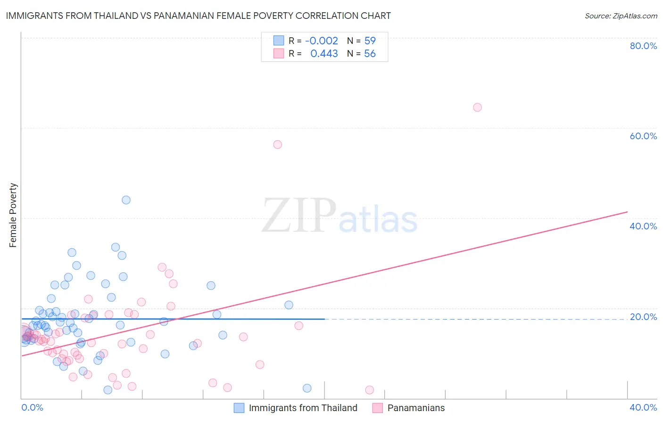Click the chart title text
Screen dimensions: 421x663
(198, 16)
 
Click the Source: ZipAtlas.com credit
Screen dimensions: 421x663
(621, 16)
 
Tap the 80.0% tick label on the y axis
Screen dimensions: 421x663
(643, 46)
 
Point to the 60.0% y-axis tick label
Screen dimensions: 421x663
(643, 136)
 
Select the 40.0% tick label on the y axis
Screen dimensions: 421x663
(643, 226)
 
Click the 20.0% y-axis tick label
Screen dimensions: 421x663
(643, 317)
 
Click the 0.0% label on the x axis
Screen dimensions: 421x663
(32, 407)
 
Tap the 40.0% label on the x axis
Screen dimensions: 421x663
(643, 407)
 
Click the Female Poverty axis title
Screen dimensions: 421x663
(13, 215)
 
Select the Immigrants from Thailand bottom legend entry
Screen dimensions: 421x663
(303, 408)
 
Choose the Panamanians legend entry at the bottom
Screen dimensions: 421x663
(416, 408)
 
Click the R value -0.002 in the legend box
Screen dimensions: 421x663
(322, 41)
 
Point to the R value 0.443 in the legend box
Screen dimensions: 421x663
(324, 54)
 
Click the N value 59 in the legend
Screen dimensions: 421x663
(370, 41)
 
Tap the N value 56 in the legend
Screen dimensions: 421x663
(370, 54)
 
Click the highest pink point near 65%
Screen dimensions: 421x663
(477, 107)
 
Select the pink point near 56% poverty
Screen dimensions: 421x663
(277, 144)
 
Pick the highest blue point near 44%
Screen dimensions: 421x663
(126, 200)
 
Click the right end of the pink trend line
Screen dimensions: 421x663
(627, 212)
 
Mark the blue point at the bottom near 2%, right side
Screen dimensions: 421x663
(307, 388)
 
